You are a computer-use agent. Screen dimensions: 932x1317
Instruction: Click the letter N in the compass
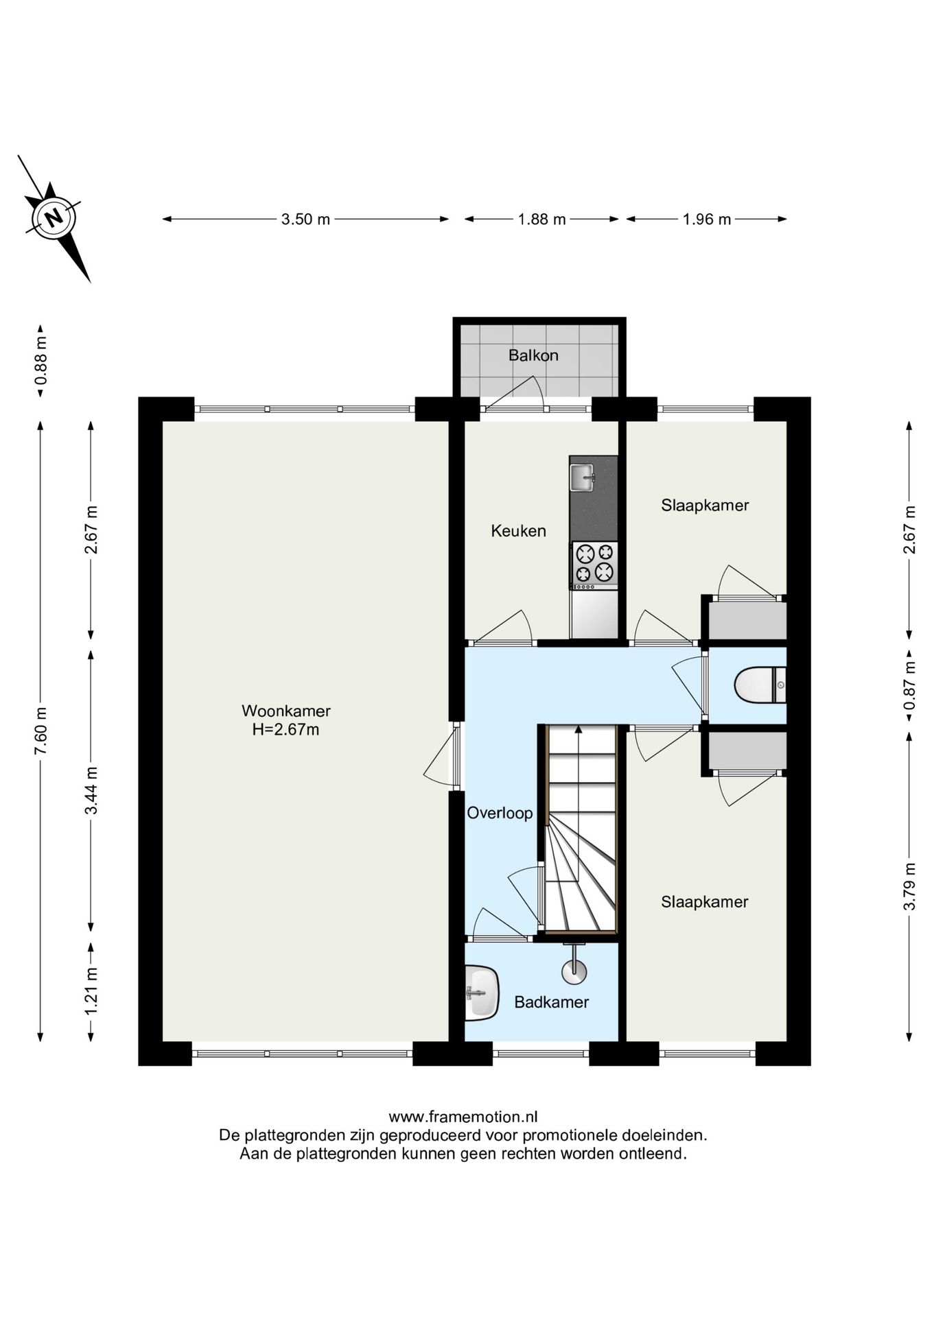(x=54, y=217)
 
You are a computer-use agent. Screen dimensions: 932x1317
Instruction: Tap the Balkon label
(x=533, y=355)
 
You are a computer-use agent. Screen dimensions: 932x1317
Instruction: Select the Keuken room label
(x=518, y=531)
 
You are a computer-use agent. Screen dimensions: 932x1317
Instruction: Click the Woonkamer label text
(x=286, y=711)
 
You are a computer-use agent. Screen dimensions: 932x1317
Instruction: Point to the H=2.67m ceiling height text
(x=286, y=729)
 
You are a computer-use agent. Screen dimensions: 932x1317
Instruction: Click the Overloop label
(x=500, y=814)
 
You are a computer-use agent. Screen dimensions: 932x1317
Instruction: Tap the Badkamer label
(x=552, y=1002)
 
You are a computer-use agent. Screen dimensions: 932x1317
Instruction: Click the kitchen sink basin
(x=582, y=477)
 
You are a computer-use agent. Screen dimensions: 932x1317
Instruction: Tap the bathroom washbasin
(x=481, y=992)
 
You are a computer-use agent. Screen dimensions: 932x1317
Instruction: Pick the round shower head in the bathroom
(x=574, y=971)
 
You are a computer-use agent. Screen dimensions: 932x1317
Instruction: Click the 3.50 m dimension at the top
(x=305, y=219)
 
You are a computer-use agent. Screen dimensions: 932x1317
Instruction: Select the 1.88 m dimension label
(x=541, y=219)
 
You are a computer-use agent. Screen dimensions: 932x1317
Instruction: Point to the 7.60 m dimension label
(x=40, y=731)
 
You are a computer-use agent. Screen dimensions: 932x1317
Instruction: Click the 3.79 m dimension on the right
(x=909, y=886)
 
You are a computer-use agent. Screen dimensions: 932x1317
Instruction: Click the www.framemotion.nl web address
(x=463, y=1117)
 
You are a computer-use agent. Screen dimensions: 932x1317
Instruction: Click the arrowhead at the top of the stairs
(x=579, y=730)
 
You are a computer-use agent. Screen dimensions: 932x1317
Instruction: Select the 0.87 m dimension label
(x=909, y=685)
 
